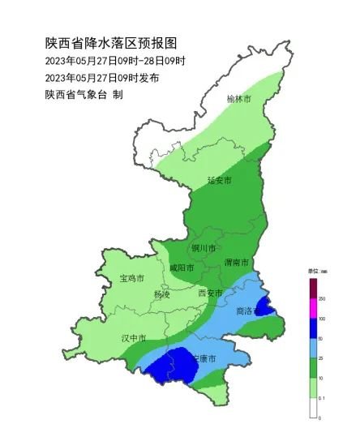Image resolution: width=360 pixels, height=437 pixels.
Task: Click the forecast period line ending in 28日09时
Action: point(116,61)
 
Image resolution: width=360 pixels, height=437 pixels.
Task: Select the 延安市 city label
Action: point(219,180)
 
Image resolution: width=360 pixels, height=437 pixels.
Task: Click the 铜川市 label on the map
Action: point(204,249)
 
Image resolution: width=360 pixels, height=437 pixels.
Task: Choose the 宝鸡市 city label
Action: point(131,278)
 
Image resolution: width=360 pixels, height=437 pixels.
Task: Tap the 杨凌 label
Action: point(162,294)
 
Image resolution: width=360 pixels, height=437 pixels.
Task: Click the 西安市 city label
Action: point(210,293)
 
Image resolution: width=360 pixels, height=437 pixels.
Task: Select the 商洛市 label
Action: point(247,311)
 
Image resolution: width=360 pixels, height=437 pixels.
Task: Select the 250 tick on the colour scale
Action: point(321,299)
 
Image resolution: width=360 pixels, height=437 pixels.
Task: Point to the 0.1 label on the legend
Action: point(323,398)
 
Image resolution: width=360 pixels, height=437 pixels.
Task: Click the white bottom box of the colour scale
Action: point(313,408)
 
